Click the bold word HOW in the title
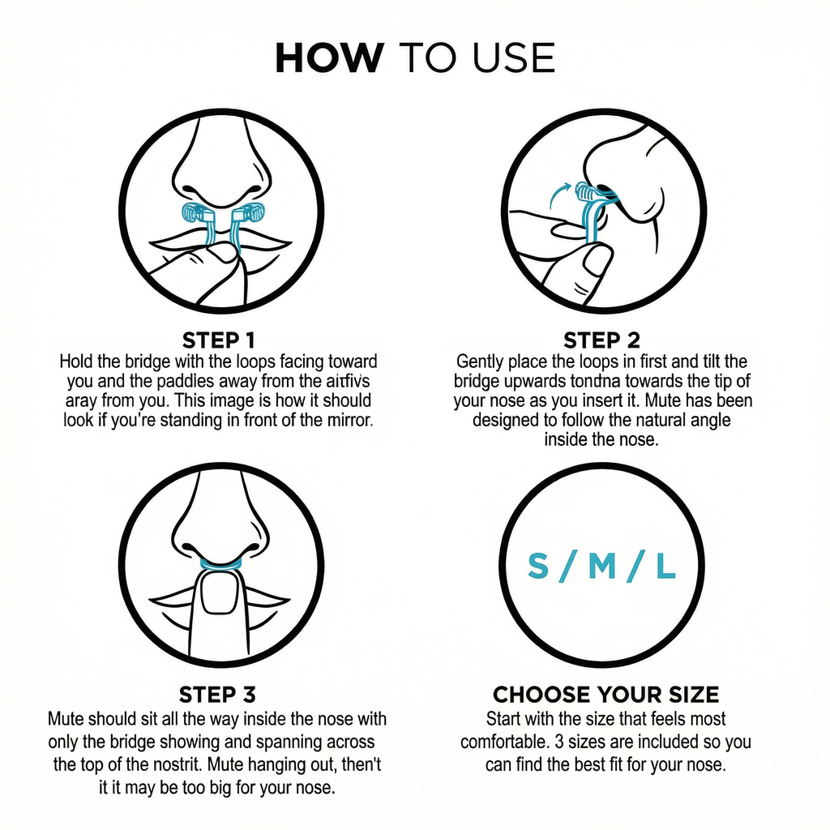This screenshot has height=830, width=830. [x=328, y=58]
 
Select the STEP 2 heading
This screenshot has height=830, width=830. [x=601, y=340]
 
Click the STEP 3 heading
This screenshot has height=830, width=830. [x=217, y=695]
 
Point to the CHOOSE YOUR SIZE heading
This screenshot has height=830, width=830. [x=605, y=695]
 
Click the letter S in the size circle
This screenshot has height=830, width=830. [x=537, y=567]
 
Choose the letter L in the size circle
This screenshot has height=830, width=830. [x=665, y=567]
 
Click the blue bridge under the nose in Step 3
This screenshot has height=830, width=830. [x=220, y=562]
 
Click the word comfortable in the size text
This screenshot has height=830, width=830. [x=500, y=742]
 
